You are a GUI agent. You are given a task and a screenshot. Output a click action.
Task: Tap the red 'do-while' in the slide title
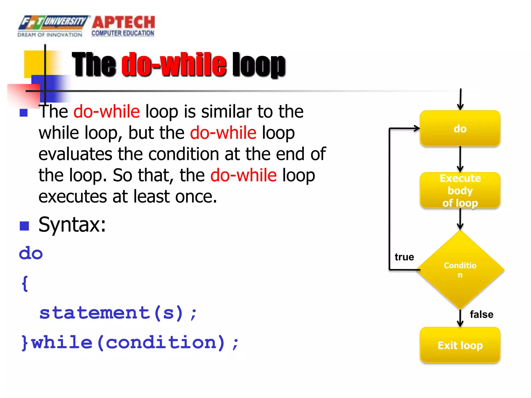174,65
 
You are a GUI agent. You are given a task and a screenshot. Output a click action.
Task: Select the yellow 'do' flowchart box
460,129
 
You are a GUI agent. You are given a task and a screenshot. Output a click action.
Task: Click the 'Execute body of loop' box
460,190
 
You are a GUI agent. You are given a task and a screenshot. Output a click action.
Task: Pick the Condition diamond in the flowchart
460,270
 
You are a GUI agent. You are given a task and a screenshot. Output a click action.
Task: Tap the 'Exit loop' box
460,345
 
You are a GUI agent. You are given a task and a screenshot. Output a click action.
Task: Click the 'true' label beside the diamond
404,257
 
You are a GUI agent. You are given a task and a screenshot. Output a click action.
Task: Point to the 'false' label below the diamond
481,315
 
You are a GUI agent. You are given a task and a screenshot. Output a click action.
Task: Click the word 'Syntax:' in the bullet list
72,225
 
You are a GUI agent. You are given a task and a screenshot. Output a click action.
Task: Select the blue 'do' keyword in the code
31,253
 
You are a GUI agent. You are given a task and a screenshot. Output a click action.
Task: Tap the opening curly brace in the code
25,283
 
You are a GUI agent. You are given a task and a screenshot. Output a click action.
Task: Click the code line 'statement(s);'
118,313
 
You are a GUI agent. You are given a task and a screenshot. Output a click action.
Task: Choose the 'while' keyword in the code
62,343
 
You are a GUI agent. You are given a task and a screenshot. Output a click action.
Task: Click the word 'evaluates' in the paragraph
75,154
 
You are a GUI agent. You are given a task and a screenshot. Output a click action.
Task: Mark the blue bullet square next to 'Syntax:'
24,226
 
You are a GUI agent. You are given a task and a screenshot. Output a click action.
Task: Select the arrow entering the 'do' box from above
460,99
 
